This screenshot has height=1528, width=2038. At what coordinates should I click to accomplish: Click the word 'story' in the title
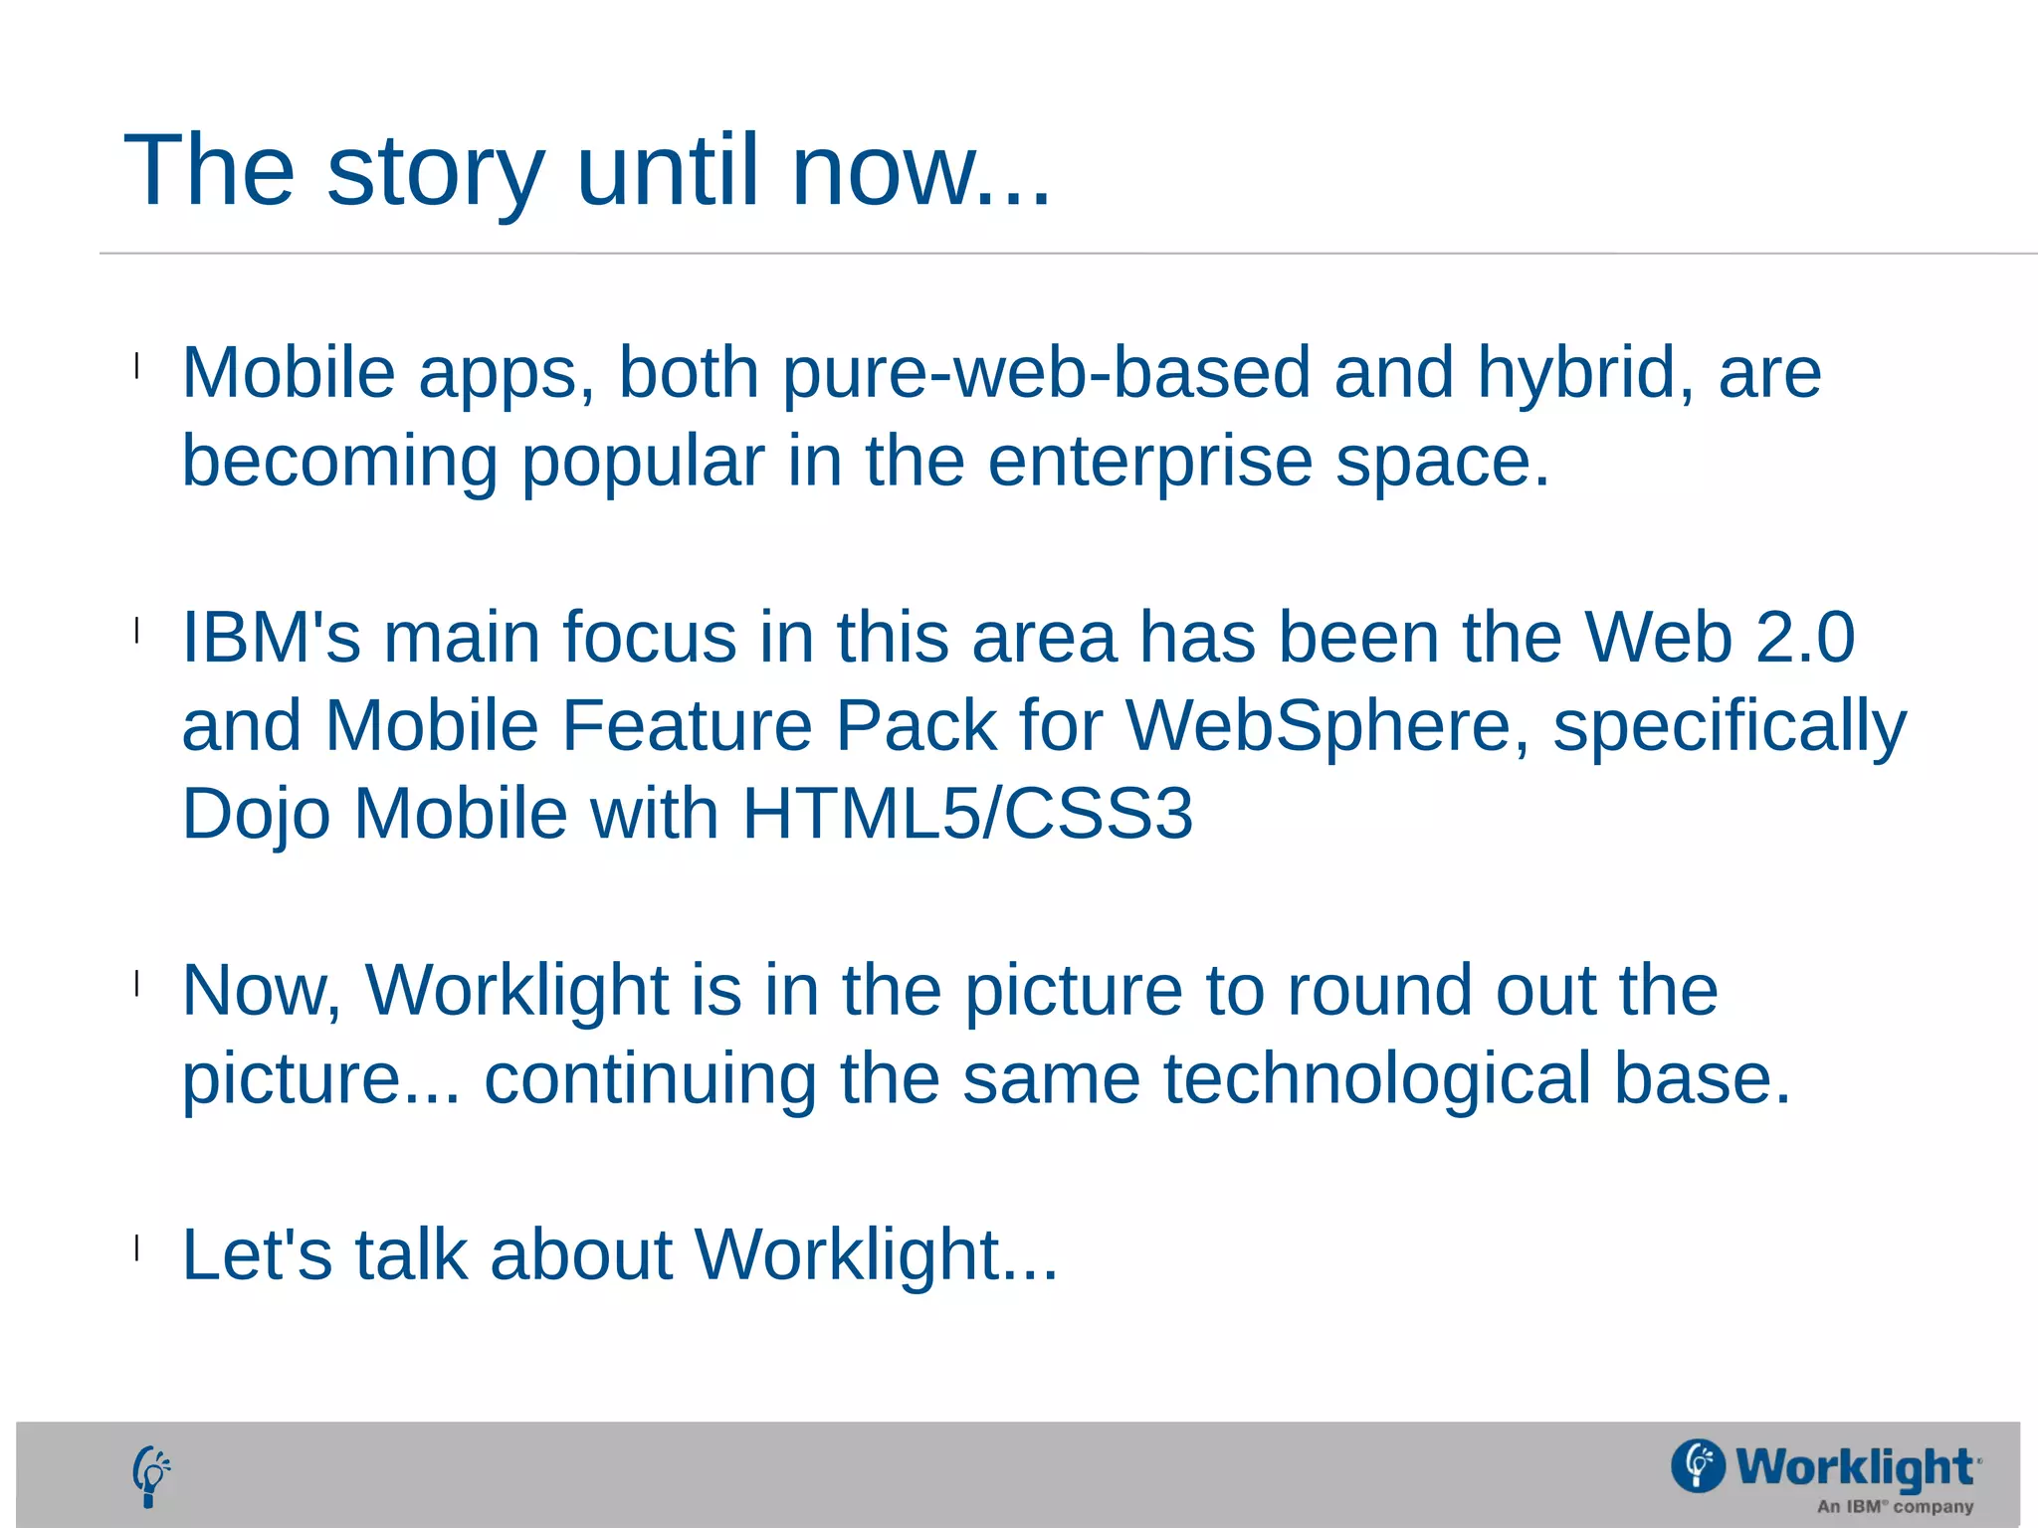coord(435,171)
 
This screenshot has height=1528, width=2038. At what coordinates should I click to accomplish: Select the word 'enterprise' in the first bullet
coord(1149,462)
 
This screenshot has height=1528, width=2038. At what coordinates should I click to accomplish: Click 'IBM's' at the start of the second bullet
coord(271,638)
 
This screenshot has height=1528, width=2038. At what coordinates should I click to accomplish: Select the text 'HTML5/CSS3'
coord(967,815)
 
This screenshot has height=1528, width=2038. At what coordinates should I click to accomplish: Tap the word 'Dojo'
coord(256,815)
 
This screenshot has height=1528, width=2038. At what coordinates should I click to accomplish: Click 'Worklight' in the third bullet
coord(516,991)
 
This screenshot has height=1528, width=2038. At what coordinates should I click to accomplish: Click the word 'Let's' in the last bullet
coord(257,1255)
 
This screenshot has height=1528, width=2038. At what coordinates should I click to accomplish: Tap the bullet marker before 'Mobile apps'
coord(136,366)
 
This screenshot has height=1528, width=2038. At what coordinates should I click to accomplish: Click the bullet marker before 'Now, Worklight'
coord(136,984)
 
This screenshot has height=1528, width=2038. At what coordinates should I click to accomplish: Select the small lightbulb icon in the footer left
coord(150,1476)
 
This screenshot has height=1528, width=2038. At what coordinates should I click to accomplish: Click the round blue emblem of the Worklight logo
coord(1698,1465)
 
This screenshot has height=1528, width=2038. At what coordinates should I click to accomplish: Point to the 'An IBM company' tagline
coord(1894,1507)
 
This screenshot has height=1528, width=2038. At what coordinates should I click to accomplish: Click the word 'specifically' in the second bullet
coord(1730,726)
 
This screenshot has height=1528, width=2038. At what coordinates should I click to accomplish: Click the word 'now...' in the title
coord(920,171)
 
